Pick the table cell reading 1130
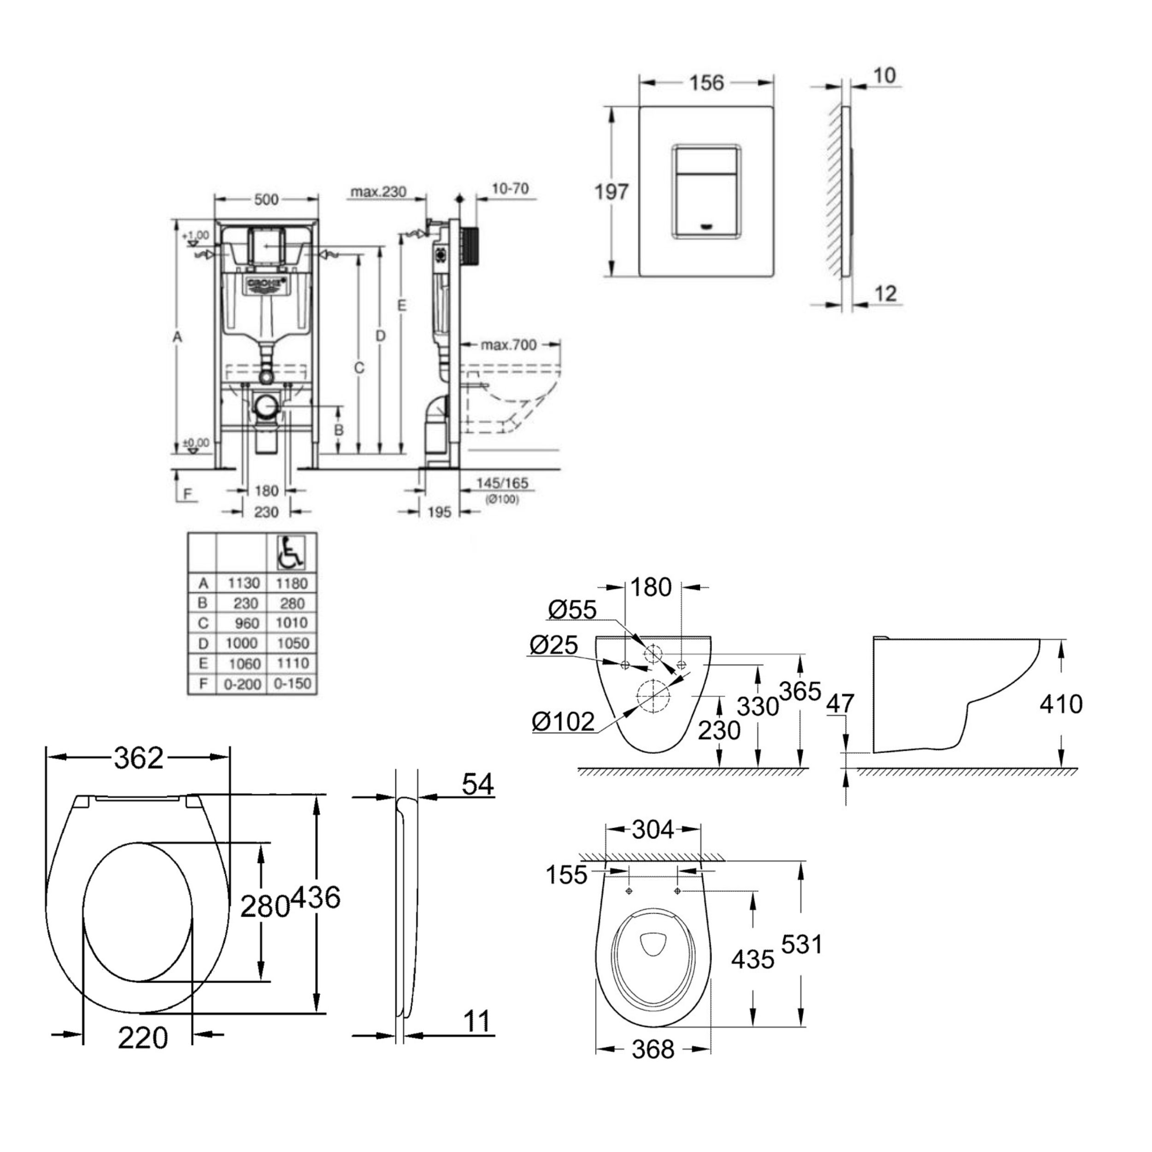point(243,583)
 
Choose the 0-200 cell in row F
point(242,684)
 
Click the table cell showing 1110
point(292,663)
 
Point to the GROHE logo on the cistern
point(266,283)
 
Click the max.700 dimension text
point(509,345)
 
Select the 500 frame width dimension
point(266,200)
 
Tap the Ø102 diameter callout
point(564,722)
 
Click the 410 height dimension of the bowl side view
point(1061,704)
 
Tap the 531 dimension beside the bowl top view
point(802,945)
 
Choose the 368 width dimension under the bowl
point(653,1049)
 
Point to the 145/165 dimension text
point(502,483)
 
